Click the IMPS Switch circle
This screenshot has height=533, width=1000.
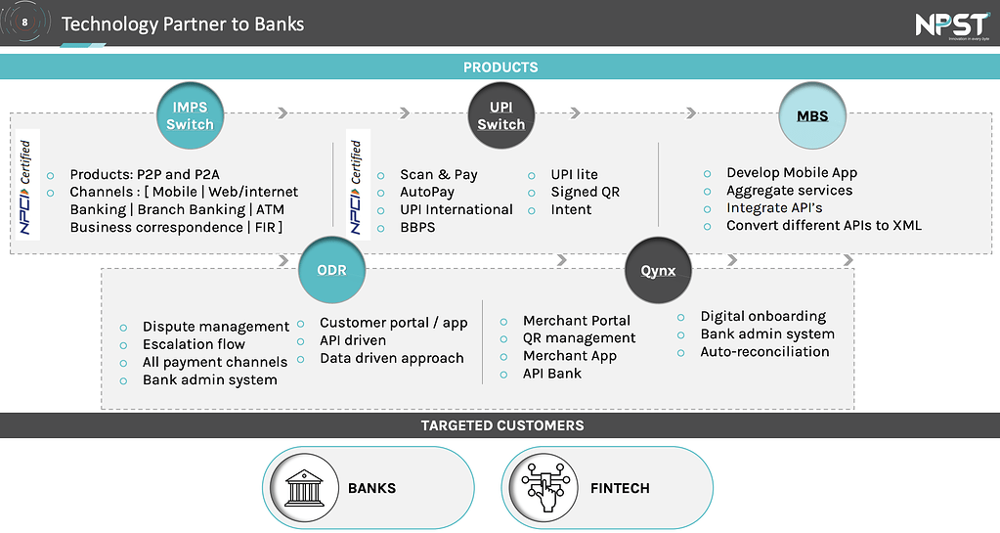pos(190,115)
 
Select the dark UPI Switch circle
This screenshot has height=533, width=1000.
pos(501,115)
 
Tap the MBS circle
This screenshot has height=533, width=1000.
pos(812,115)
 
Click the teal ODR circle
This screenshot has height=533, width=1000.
pos(331,271)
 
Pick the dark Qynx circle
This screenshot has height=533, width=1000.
pos(658,271)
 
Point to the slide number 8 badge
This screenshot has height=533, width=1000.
pos(24,23)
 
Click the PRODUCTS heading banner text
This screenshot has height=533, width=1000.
pos(500,67)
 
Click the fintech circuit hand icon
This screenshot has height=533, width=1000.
pos(544,487)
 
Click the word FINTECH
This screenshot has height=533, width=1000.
pos(620,488)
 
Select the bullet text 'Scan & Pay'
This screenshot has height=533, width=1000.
pos(438,175)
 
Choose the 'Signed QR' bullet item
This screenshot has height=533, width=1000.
pos(585,193)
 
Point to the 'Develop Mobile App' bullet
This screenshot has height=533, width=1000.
pos(791,173)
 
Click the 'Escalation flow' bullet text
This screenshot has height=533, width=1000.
pos(194,344)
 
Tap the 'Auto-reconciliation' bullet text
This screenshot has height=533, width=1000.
pos(764,352)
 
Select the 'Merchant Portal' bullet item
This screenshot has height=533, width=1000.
pos(576,321)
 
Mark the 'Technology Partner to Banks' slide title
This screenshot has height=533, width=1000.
pos(183,23)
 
